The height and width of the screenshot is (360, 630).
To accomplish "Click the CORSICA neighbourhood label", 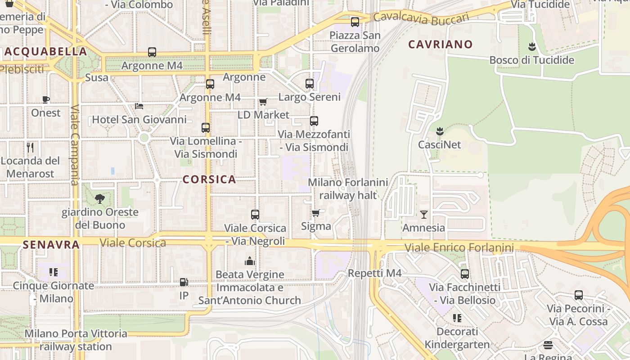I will click(209, 180).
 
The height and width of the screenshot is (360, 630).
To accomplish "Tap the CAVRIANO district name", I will click(441, 44).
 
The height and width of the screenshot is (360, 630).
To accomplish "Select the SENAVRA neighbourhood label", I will click(51, 245).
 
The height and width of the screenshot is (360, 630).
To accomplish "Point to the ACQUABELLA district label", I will click(45, 51).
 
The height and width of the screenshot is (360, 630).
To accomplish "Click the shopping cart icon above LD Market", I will click(263, 102).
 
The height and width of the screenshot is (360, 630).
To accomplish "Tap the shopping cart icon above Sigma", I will click(316, 213).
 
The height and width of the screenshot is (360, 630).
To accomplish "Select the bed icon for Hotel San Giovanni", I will click(139, 106).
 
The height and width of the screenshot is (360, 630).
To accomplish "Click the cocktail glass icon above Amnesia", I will click(423, 215).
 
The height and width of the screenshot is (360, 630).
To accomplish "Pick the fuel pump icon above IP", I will click(184, 282).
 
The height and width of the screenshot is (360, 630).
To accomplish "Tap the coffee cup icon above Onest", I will click(45, 99).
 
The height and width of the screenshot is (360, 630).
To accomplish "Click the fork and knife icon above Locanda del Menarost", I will click(30, 147).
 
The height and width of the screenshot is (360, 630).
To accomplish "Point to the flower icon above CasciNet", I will click(440, 131).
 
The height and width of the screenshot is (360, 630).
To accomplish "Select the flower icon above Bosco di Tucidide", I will click(532, 47).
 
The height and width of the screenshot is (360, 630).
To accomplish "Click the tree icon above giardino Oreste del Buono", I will click(100, 198).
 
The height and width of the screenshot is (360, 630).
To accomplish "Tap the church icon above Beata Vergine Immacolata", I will click(250, 261).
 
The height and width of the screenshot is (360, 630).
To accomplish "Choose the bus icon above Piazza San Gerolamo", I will click(355, 22).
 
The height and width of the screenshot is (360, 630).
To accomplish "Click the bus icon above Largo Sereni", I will click(310, 84).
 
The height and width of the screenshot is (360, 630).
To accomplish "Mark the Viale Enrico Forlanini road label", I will click(459, 247).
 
